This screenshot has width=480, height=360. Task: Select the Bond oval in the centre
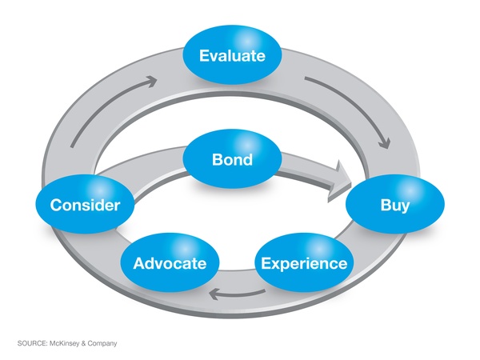232,159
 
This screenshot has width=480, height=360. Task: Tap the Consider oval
85,205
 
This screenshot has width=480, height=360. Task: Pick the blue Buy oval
394,205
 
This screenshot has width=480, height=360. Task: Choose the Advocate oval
170,263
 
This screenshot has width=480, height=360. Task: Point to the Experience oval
303,263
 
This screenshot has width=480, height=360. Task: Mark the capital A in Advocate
139,263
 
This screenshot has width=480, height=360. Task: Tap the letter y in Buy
406,206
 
